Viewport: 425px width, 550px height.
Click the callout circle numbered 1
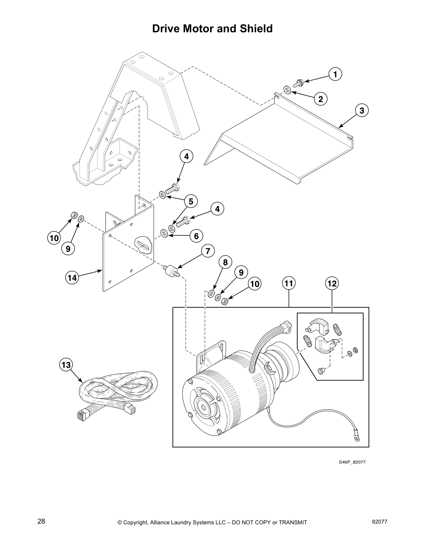click(335, 74)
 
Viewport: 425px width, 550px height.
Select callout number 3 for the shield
click(361, 111)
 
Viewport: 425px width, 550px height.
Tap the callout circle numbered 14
click(72, 277)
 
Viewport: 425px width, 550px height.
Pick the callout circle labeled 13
click(66, 365)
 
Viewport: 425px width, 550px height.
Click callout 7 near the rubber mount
click(208, 251)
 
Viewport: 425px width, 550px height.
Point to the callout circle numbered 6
click(196, 236)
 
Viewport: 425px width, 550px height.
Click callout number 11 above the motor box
click(289, 284)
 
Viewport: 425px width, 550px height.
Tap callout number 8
click(225, 262)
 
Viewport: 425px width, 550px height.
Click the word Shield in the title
click(255, 29)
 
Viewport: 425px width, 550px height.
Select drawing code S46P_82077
click(352, 462)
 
